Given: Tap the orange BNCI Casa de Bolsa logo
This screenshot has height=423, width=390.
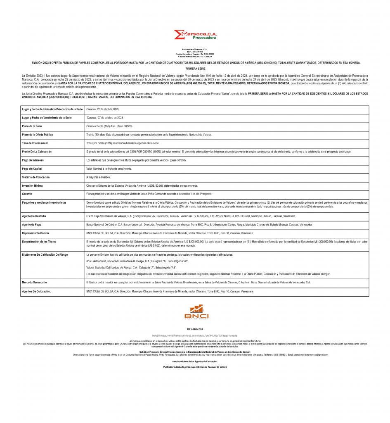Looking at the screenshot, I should coord(196,312).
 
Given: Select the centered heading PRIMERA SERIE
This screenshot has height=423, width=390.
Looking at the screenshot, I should coord(195,68).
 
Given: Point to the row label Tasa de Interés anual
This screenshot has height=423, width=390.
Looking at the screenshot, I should coord(35,143).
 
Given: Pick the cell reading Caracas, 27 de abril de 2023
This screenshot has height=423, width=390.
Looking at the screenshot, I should coord(102,109).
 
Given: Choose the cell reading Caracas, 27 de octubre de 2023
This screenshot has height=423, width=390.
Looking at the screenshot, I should coord(105,117).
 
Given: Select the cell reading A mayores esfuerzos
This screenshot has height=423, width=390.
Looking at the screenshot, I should coord(98,177).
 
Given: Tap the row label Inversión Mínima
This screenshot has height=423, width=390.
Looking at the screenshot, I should coord(33,185).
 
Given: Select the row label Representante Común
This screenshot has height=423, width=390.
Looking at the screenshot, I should coord(35,233).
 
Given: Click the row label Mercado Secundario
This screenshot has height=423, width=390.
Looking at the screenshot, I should coord(34,282).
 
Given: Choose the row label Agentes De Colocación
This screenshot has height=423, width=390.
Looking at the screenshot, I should coord(36,291).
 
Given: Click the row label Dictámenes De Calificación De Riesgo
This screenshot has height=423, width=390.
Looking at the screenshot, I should coord(45,254).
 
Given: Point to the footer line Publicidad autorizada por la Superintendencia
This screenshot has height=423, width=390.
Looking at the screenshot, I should coord(195,367).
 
